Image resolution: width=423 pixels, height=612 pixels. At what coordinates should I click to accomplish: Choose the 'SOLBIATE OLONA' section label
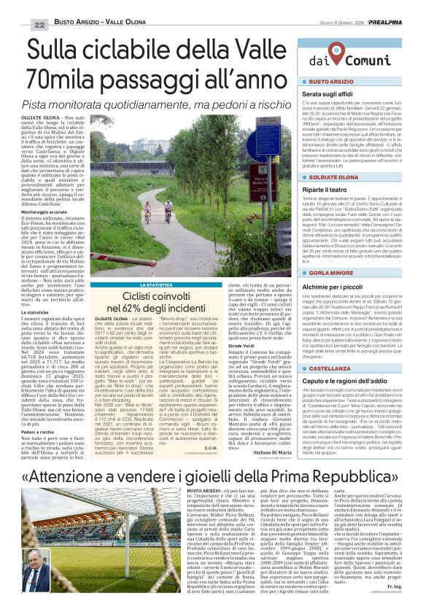pos(335,177)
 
